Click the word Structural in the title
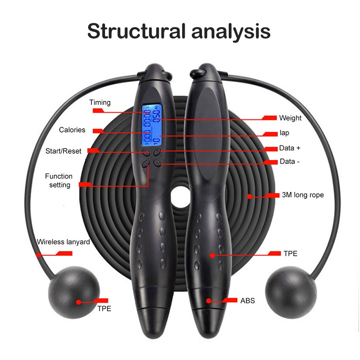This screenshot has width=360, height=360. point(136,31)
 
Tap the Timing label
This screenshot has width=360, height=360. point(100,102)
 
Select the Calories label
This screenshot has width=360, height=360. point(72,130)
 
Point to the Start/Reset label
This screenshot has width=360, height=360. point(64,151)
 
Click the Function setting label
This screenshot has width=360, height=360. point(59,180)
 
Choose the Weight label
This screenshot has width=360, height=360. point(290,118)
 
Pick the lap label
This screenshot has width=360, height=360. point(284,133)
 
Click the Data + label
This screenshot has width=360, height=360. point(290,148)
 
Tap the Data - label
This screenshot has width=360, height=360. point(290,161)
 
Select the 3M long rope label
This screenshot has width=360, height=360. point(303,195)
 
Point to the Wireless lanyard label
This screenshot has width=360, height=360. point(64,242)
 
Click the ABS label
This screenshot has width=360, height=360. point(247,301)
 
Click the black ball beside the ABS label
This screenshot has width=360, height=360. point(291,292)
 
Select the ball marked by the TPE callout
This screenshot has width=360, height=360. point(74,292)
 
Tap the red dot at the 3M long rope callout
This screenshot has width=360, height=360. point(249,196)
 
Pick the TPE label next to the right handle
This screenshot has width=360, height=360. point(291,253)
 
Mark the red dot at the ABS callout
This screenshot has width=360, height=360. point(209,301)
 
